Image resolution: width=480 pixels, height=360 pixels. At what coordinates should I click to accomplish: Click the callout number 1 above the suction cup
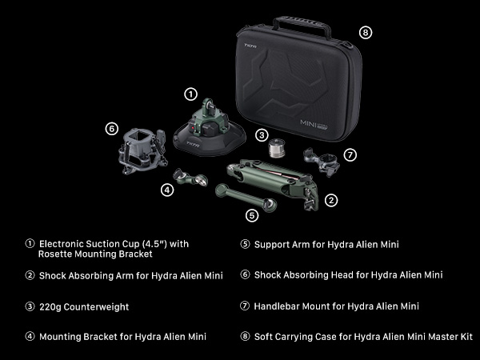click(190, 94)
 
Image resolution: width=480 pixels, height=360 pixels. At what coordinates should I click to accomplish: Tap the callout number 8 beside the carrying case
click(366, 33)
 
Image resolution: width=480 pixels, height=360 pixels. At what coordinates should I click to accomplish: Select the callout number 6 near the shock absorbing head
click(112, 128)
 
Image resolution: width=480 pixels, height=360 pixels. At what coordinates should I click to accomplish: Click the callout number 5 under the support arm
click(252, 214)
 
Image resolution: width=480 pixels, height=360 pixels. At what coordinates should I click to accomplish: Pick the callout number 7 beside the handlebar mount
click(349, 154)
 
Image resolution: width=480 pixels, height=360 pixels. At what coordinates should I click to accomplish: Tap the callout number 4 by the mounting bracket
click(167, 190)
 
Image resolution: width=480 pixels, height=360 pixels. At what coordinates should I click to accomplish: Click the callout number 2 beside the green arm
click(330, 201)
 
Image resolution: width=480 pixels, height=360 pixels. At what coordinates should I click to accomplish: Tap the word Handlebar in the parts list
click(277, 306)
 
